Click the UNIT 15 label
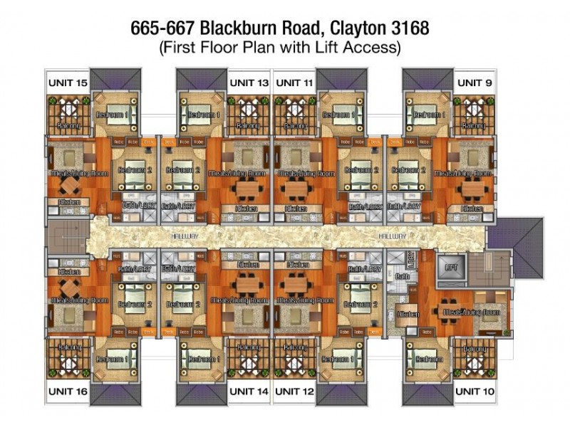[x=68, y=83]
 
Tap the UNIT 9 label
[x=474, y=83]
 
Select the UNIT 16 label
[x=68, y=391]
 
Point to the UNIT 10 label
[x=474, y=391]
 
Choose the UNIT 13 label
[x=249, y=83]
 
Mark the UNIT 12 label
[x=294, y=391]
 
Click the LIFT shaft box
[x=450, y=268]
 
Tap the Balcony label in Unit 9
[x=474, y=126]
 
